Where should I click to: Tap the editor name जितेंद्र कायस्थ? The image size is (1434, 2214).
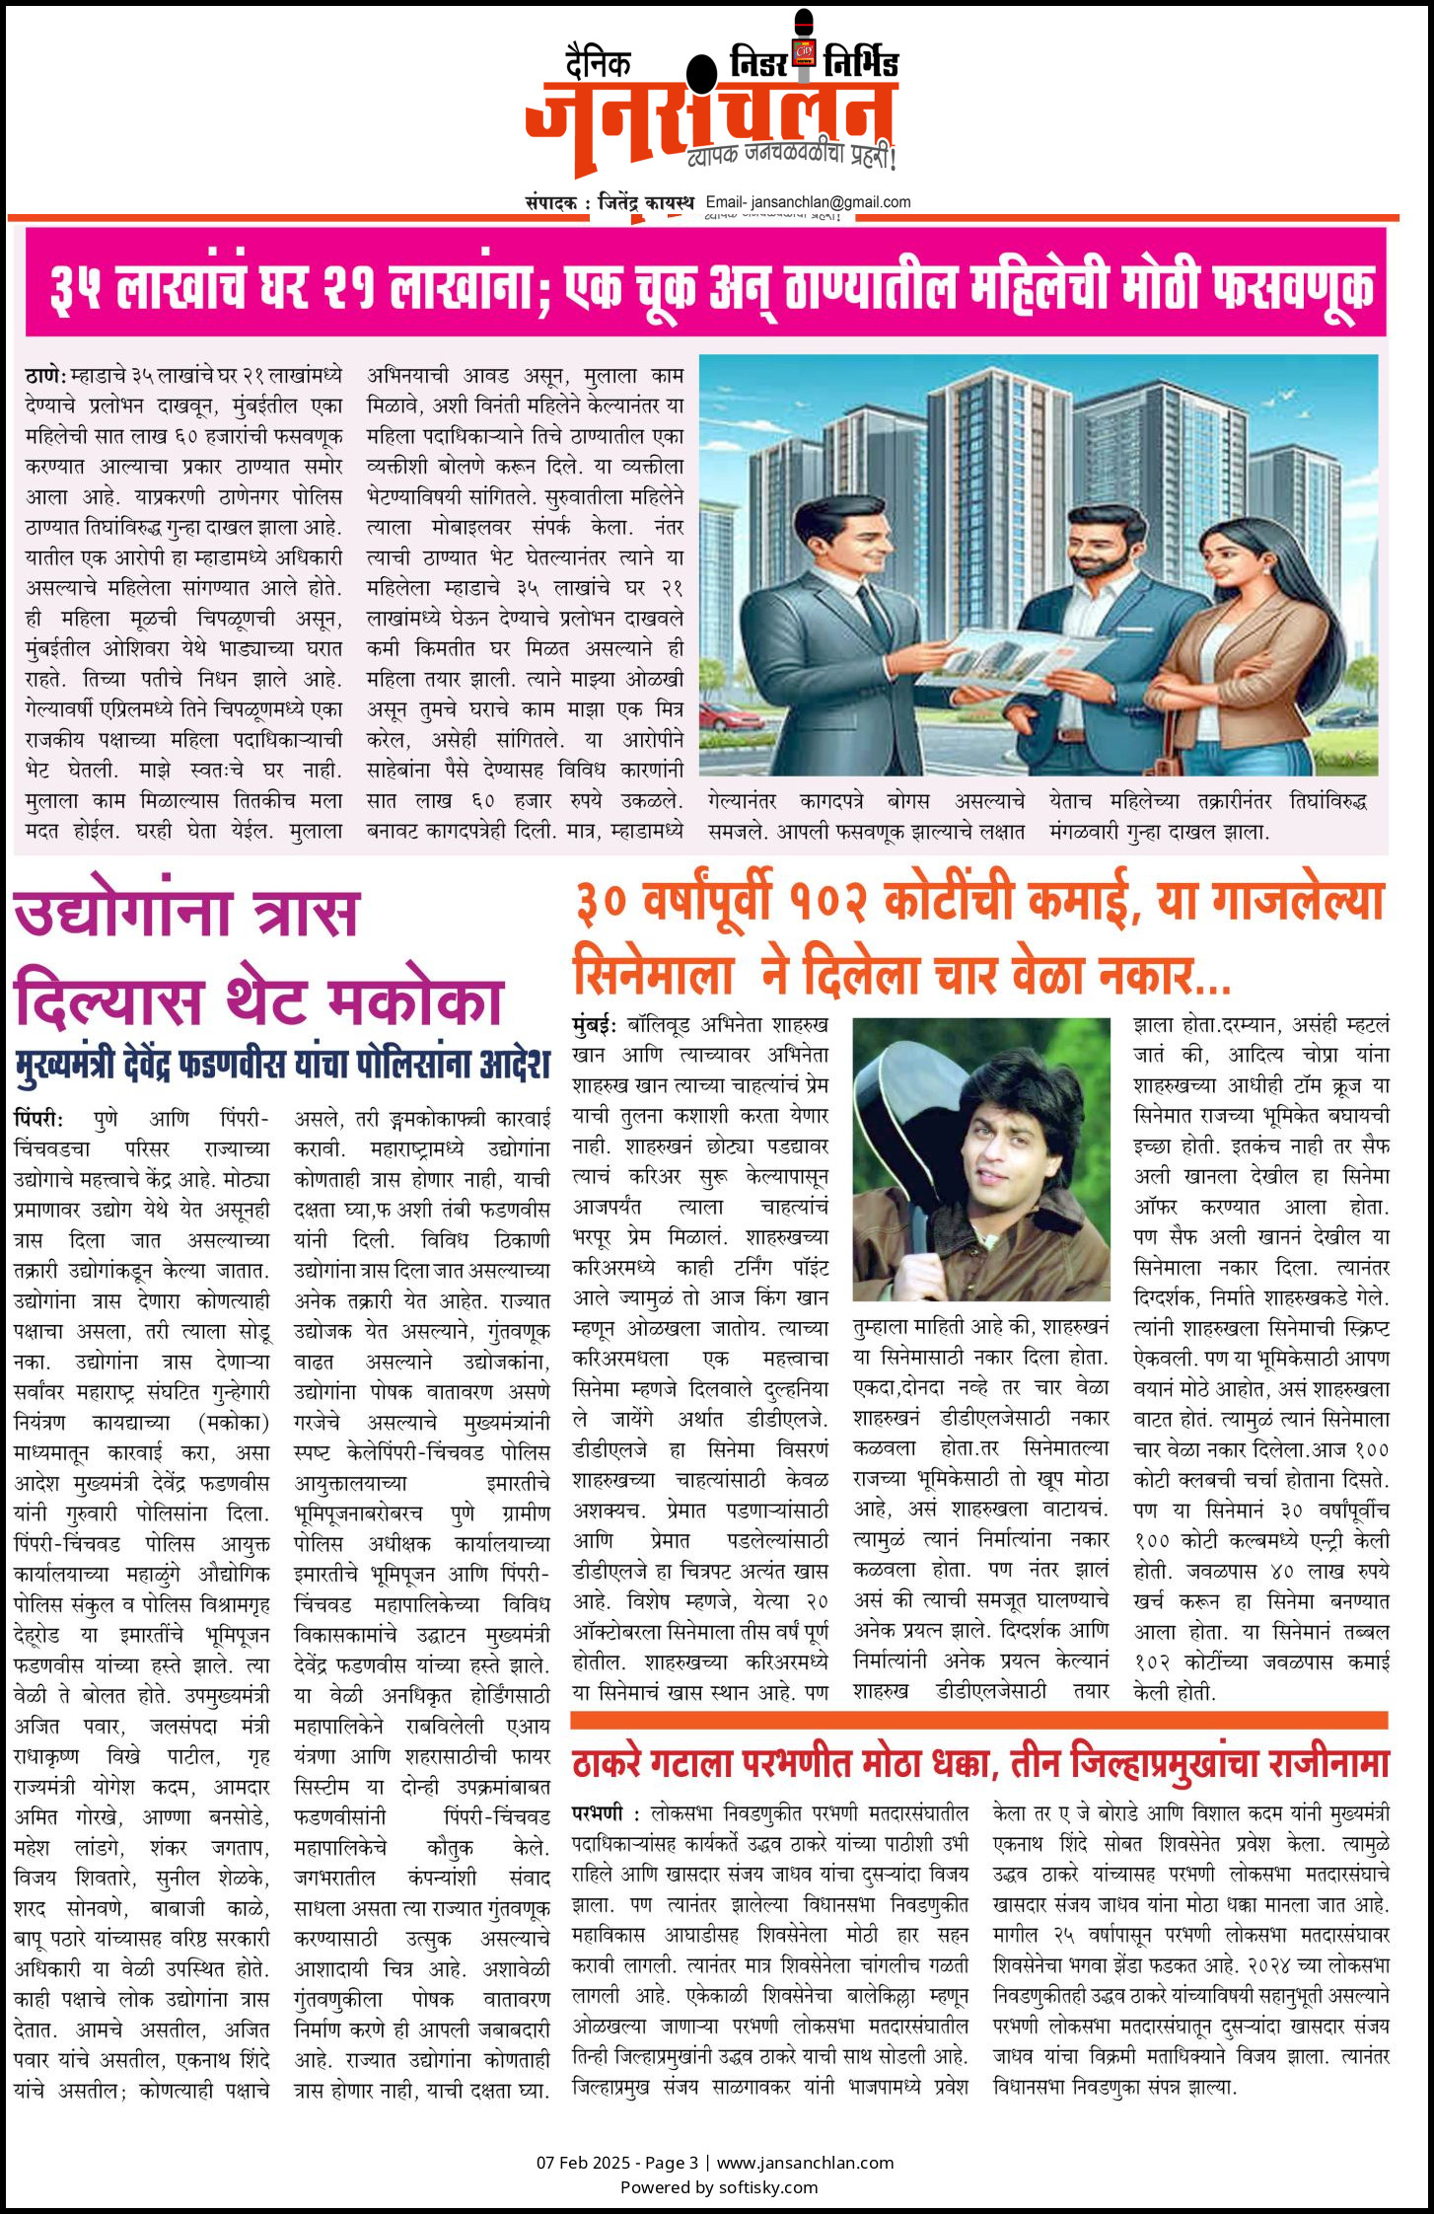[x=646, y=202]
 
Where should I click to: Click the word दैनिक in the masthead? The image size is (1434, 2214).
[x=599, y=63]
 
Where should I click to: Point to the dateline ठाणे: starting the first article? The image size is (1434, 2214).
[x=45, y=376]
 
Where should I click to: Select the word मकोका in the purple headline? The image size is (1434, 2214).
[x=414, y=1000]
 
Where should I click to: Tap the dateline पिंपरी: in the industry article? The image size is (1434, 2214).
[x=38, y=1119]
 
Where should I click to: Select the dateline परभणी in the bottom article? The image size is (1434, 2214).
[x=597, y=1813]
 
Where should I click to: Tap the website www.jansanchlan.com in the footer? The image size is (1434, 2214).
[x=805, y=2163]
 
